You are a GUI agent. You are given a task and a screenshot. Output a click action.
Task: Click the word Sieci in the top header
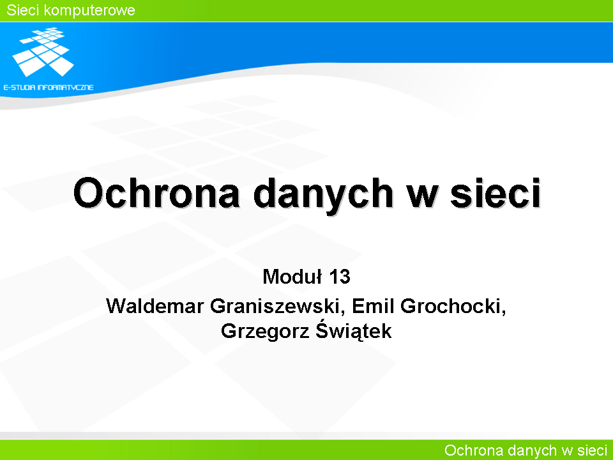click(23, 10)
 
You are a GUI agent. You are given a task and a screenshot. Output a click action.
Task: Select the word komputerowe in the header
click(89, 11)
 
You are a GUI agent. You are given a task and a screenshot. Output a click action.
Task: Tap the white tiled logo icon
click(43, 52)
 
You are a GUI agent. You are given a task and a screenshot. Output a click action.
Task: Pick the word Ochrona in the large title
click(156, 193)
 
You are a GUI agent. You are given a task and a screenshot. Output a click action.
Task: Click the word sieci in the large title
click(496, 193)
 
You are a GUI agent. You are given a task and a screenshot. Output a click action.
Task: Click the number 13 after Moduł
click(339, 277)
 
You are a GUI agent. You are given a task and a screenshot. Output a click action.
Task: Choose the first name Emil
click(373, 306)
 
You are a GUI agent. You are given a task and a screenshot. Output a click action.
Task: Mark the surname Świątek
click(353, 330)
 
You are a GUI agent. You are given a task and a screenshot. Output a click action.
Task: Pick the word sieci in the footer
click(593, 450)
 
